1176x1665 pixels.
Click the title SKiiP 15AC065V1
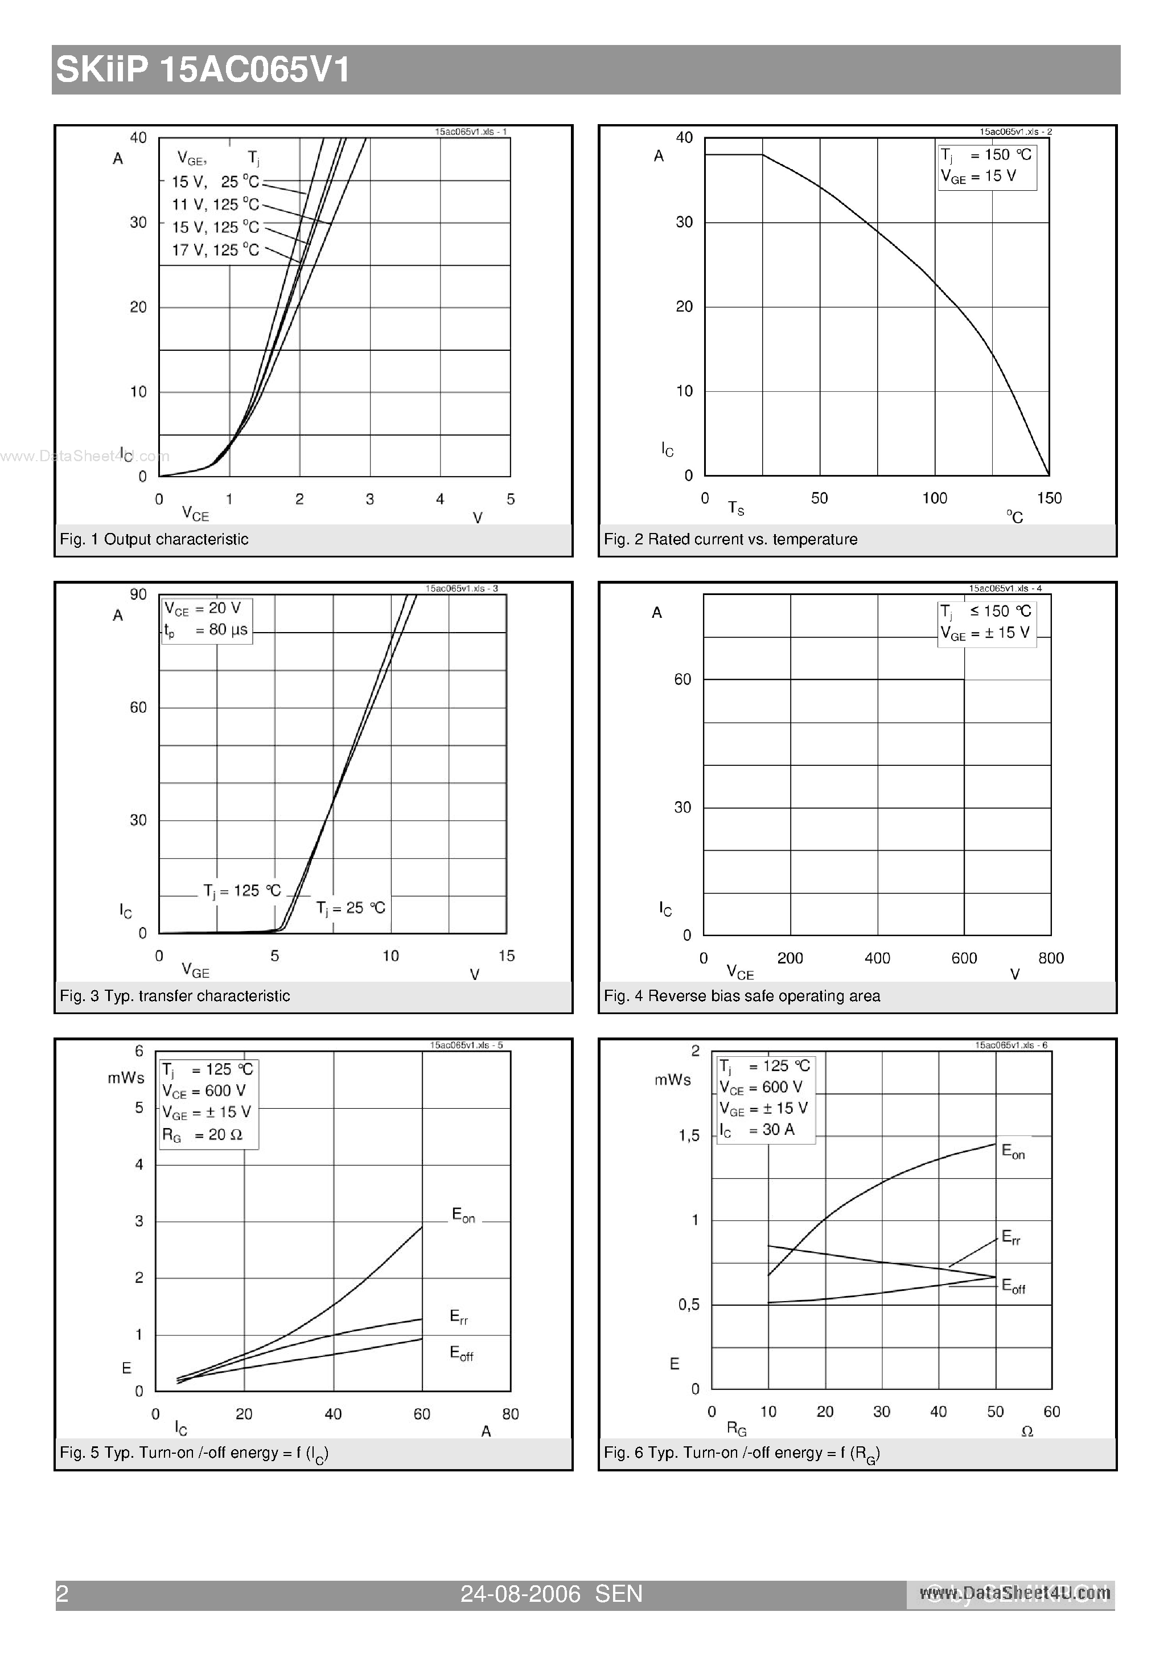(x=204, y=71)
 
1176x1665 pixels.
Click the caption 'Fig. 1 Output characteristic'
(x=154, y=539)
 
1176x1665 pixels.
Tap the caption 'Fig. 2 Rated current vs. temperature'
(x=730, y=539)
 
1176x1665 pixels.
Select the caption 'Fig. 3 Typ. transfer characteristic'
(x=175, y=996)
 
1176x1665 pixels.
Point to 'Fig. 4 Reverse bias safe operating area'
(x=742, y=996)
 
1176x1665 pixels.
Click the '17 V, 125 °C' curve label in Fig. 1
(x=215, y=250)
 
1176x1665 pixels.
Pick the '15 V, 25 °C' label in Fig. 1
(x=215, y=182)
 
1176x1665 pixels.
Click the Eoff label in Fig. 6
(x=1013, y=1286)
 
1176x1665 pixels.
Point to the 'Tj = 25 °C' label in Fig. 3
(x=351, y=908)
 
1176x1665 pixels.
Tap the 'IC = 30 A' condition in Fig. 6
(x=757, y=1130)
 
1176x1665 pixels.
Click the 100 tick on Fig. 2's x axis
(x=935, y=498)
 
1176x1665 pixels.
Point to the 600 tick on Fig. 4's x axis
(x=964, y=958)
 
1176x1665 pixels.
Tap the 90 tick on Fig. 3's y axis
(x=138, y=594)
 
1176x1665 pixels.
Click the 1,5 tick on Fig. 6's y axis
(x=689, y=1135)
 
